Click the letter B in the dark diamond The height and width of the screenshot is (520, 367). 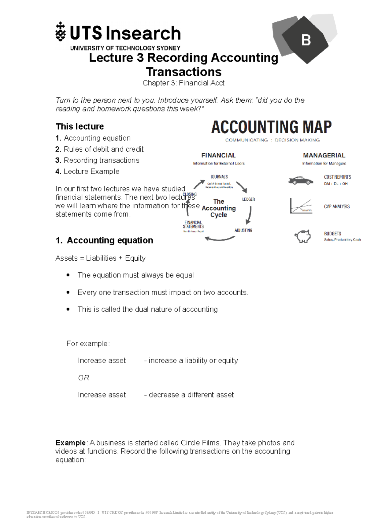(306, 40)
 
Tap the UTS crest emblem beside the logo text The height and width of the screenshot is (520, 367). (61, 32)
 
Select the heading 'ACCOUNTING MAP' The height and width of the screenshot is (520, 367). (271, 127)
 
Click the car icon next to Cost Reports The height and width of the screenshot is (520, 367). (300, 180)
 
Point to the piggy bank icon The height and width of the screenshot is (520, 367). (302, 236)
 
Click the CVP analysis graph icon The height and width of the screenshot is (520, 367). (301, 206)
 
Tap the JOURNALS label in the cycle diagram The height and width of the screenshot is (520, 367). (219, 177)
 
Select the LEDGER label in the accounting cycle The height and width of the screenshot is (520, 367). (248, 199)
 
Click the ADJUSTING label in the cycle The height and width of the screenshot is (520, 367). (243, 230)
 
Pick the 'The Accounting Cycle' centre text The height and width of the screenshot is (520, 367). (219, 208)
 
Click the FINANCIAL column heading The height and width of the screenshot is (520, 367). (218, 155)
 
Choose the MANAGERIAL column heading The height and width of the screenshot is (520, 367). (324, 155)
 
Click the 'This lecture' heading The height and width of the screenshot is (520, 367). (80, 126)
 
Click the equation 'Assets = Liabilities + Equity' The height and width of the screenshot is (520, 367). (100, 258)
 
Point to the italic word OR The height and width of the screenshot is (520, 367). (83, 378)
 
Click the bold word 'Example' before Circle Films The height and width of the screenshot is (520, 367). (70, 443)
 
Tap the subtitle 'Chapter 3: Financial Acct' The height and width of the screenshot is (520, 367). (183, 83)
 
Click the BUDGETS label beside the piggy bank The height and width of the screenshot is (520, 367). (332, 233)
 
